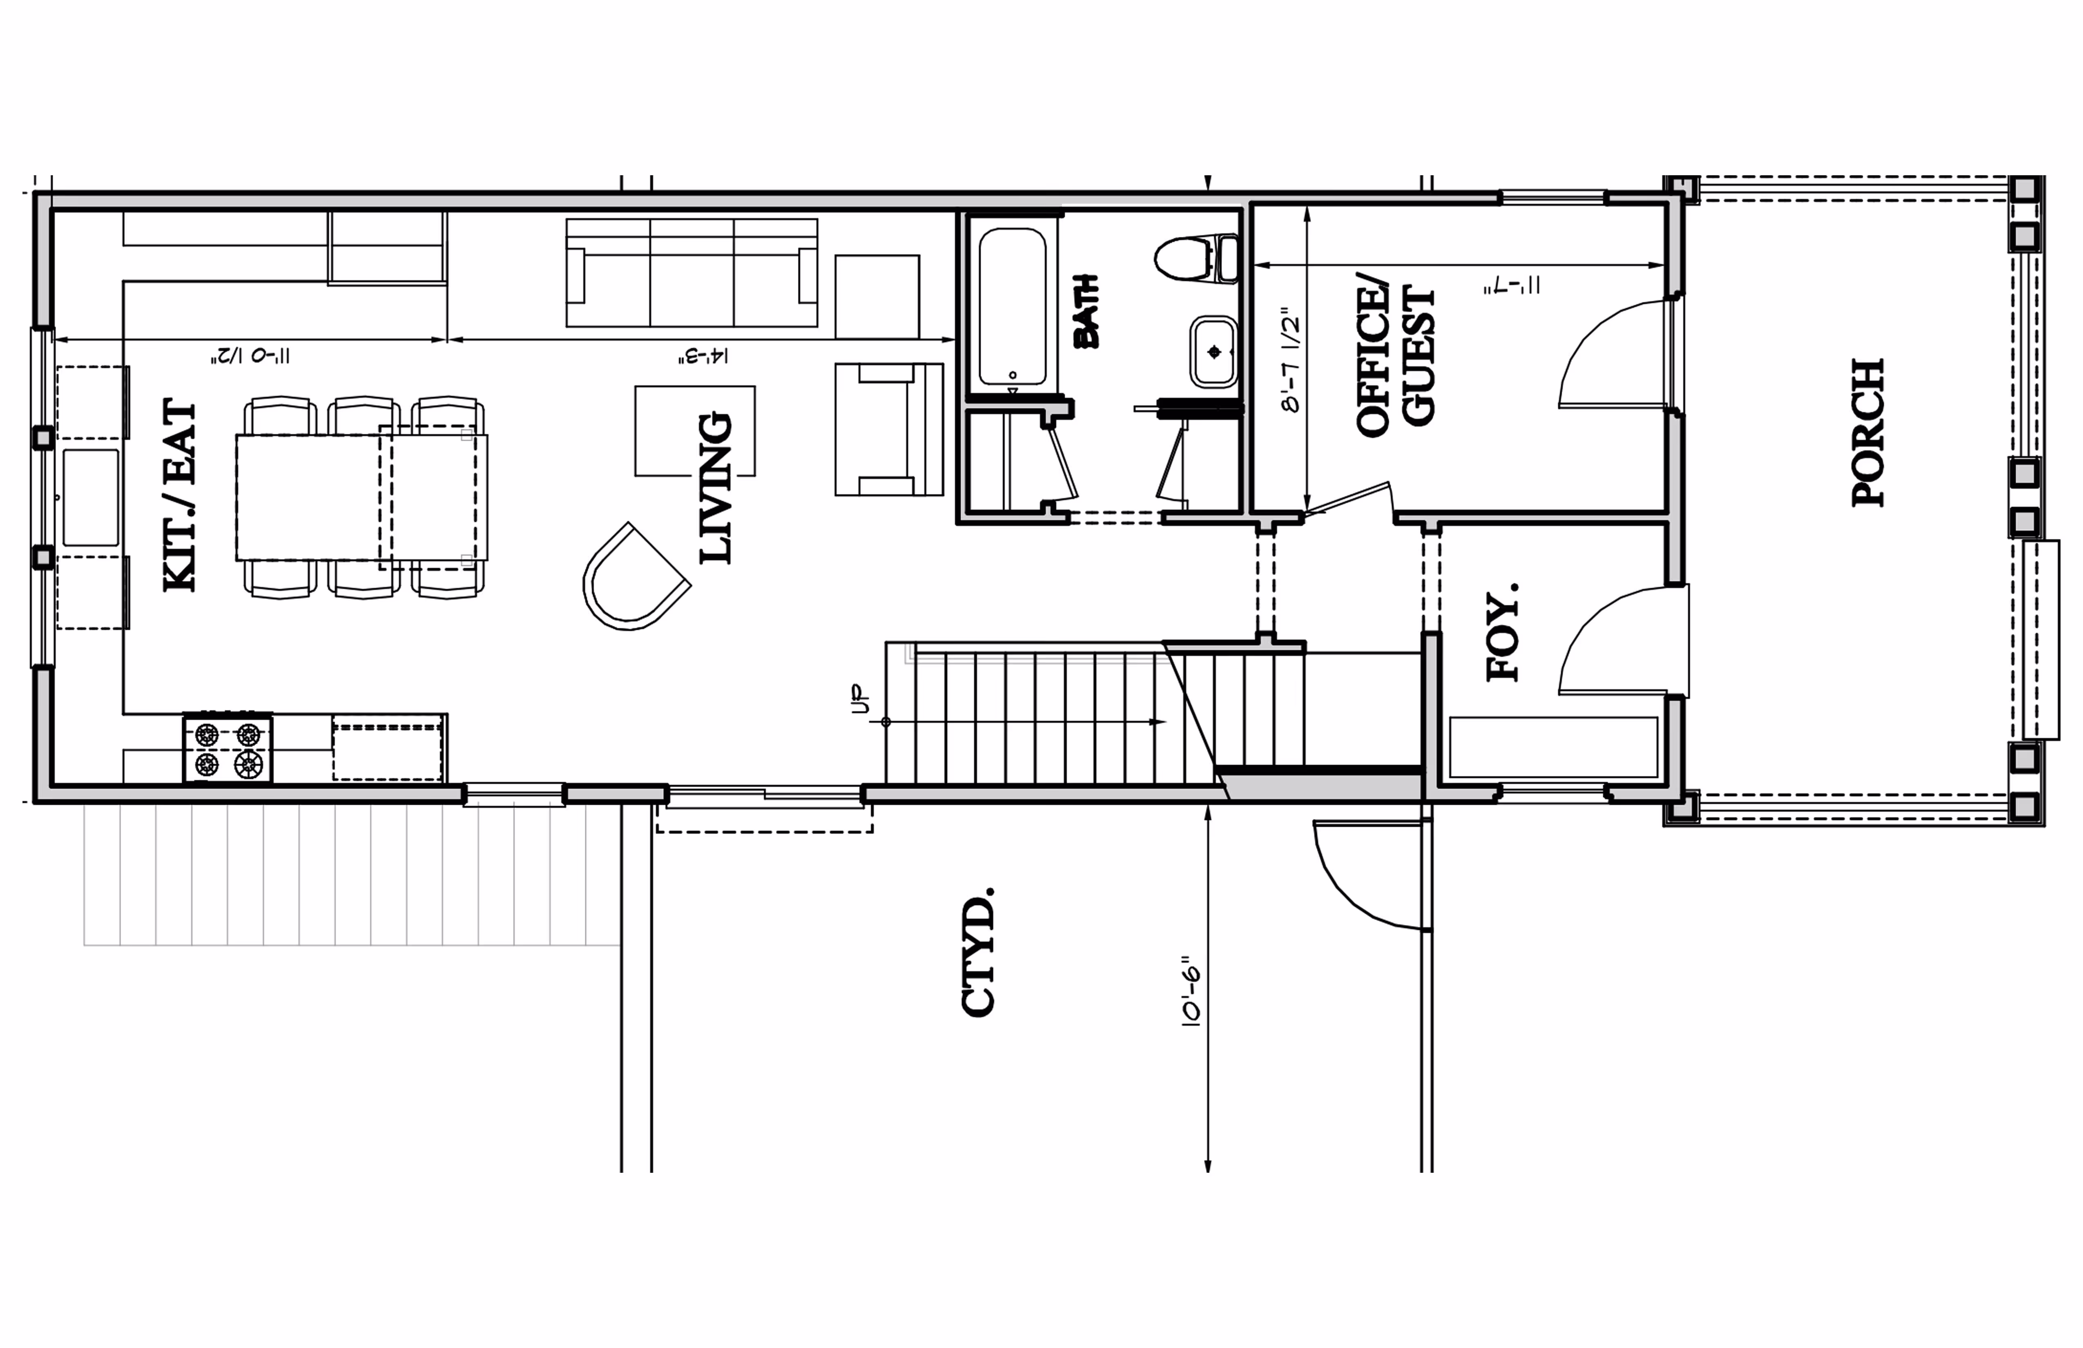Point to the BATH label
point(1086,311)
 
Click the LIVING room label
point(715,488)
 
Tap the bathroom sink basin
point(1213,352)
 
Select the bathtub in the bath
point(1013,306)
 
